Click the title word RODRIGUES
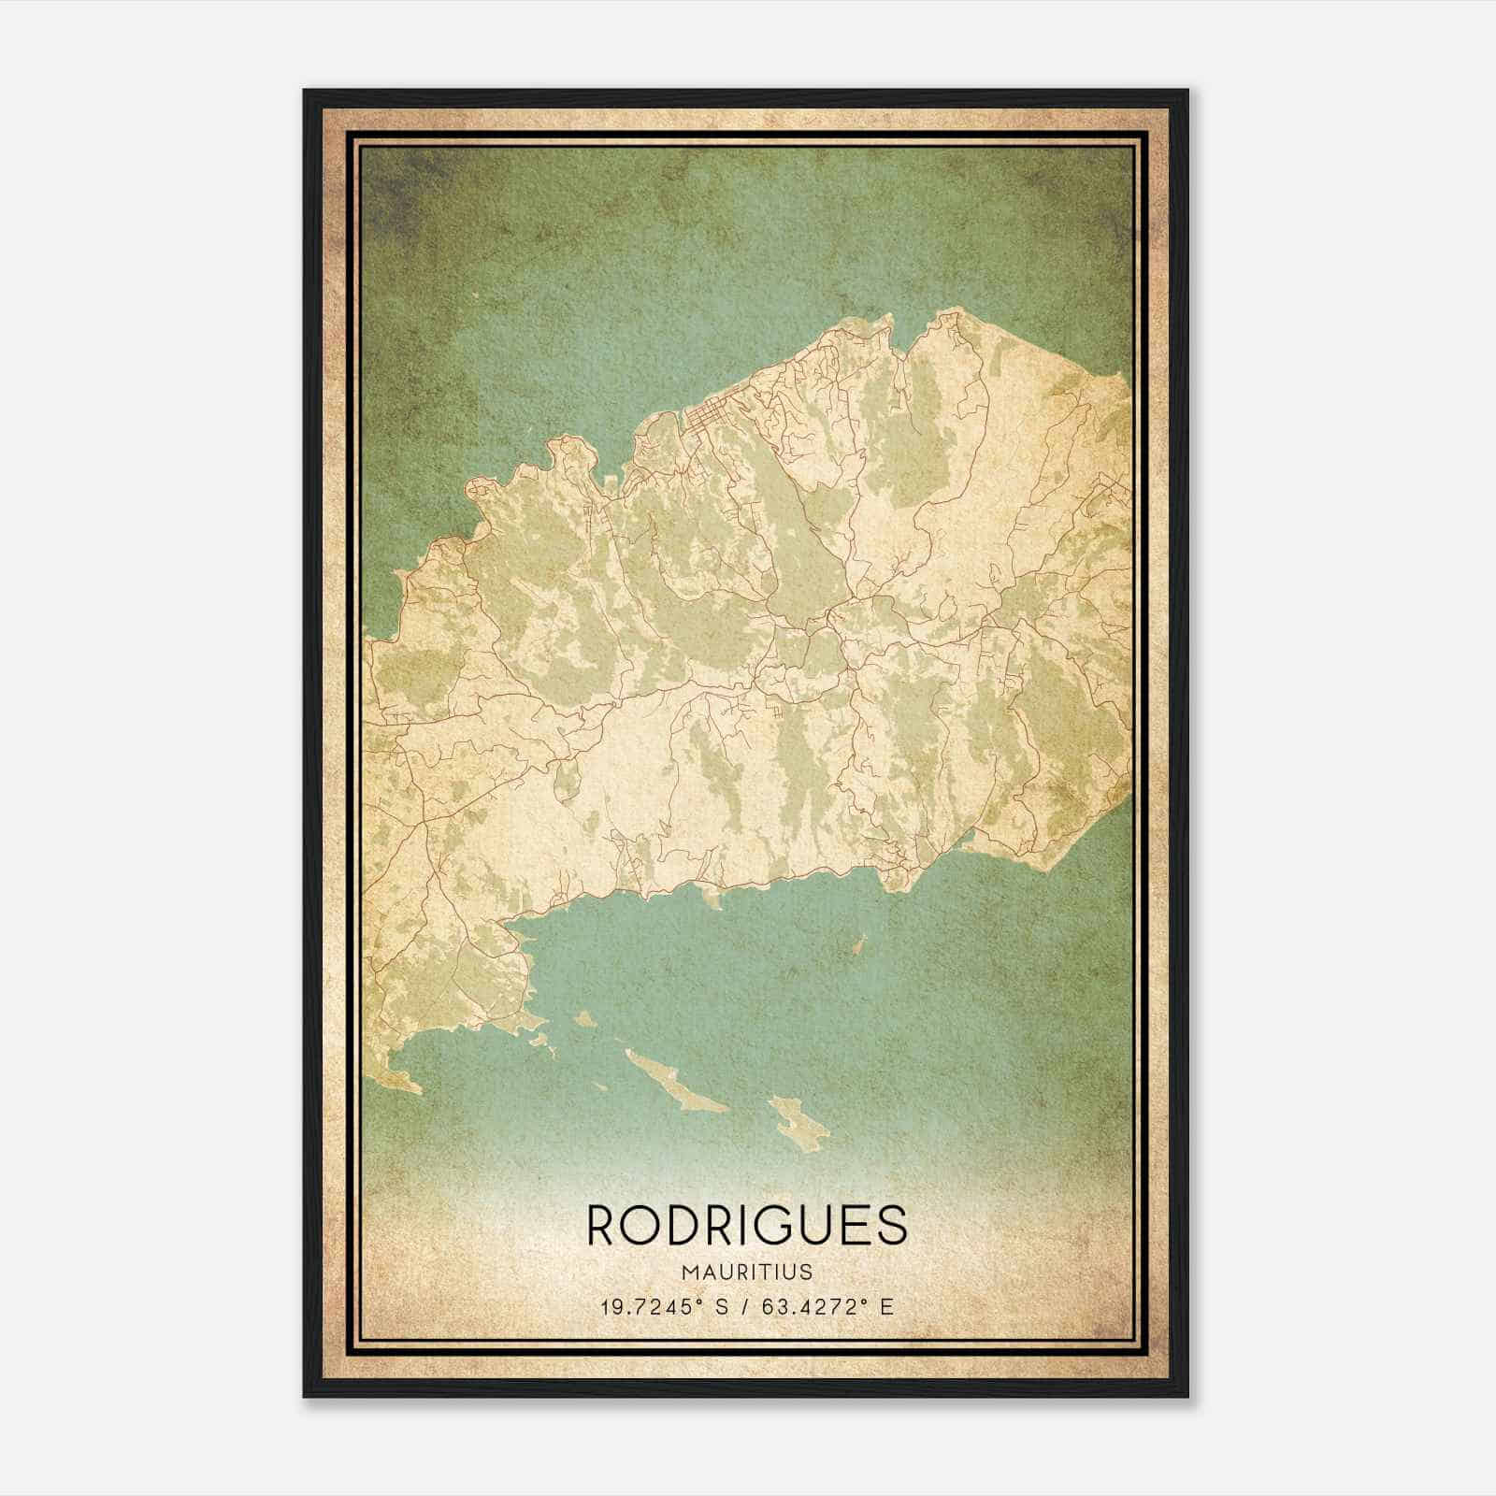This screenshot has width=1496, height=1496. pos(747,1225)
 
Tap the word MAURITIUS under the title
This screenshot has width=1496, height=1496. pos(747,1273)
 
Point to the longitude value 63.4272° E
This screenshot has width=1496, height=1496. pos(827,1306)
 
